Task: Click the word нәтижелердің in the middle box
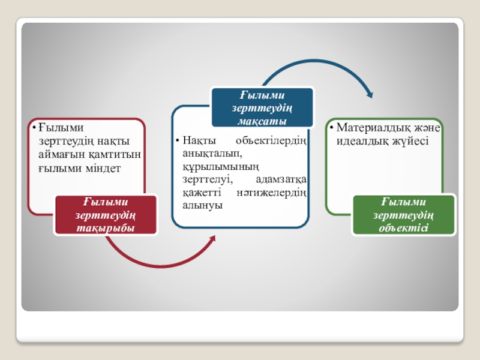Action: pos(280,193)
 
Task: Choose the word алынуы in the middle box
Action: pos(200,205)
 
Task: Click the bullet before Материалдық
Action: pos(331,128)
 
